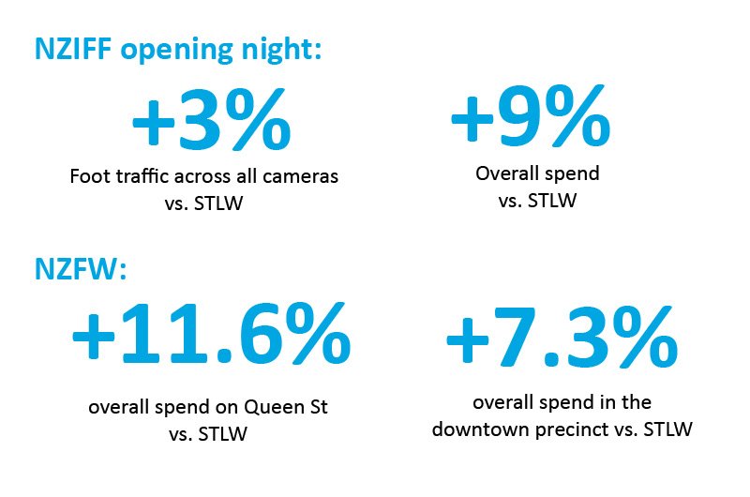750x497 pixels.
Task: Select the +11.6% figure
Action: tap(212, 336)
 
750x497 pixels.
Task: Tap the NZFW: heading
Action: tap(79, 270)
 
